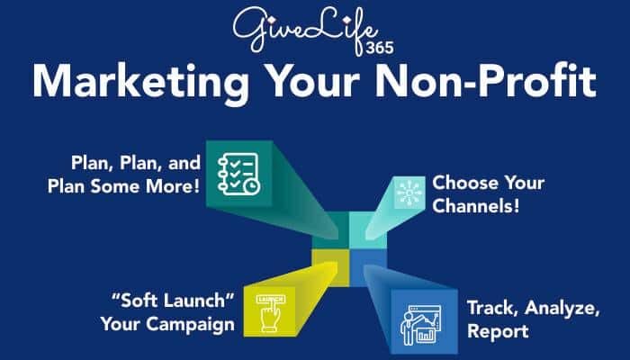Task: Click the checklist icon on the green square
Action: tap(237, 170)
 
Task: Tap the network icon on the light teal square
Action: tap(407, 193)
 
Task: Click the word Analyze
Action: tap(557, 306)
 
